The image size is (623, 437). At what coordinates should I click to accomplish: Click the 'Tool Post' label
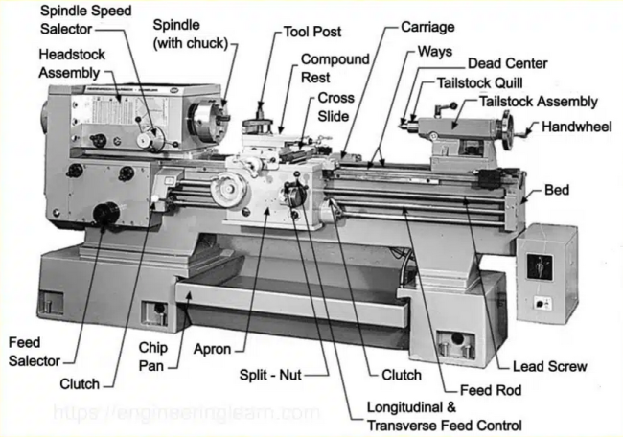[x=312, y=32]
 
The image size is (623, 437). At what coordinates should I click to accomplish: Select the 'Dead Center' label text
[x=507, y=64]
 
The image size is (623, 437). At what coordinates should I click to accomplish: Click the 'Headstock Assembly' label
[x=73, y=63]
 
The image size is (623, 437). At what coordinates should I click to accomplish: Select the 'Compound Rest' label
[x=335, y=68]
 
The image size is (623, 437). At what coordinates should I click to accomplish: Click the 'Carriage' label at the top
[x=427, y=27]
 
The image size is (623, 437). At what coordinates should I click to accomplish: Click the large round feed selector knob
[x=106, y=213]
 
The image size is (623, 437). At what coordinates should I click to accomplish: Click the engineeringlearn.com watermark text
[x=187, y=414]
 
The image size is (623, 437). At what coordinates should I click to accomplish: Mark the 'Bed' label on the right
[x=557, y=191]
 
